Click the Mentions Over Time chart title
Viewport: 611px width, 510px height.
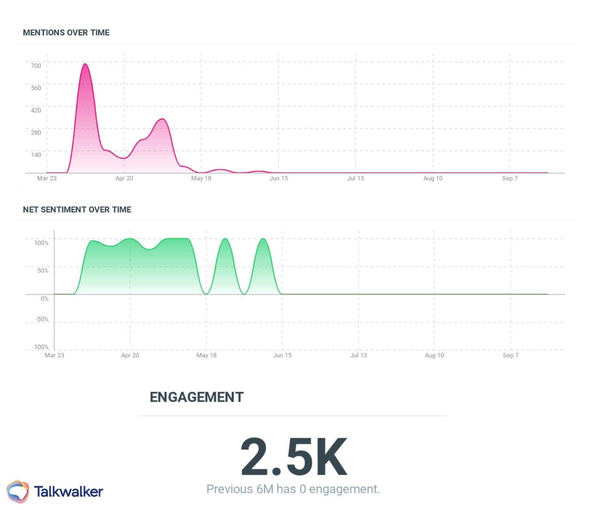[x=66, y=32]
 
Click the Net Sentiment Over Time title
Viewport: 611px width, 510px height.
[x=77, y=210]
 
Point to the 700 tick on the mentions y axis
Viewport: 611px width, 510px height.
[x=36, y=66]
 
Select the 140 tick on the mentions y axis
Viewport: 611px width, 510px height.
[x=36, y=155]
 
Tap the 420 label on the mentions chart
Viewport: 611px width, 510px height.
[x=36, y=110]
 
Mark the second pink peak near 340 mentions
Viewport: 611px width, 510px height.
[x=162, y=119]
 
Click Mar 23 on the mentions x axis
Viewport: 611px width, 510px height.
[x=47, y=178]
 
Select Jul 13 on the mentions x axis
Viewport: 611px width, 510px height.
[x=355, y=178]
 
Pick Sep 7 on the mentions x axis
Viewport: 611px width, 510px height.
[x=510, y=178]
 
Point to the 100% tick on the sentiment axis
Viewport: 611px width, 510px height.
[x=41, y=243]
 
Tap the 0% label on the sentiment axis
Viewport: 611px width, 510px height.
[x=44, y=298]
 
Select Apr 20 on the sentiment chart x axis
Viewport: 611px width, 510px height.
[x=130, y=355]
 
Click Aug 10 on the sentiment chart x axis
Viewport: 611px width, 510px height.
[x=434, y=355]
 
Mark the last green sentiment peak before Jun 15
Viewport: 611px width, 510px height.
[x=263, y=239]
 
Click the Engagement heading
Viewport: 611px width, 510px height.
[x=197, y=397]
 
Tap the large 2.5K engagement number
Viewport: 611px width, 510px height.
[x=294, y=457]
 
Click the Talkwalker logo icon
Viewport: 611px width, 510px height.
[x=18, y=491]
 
